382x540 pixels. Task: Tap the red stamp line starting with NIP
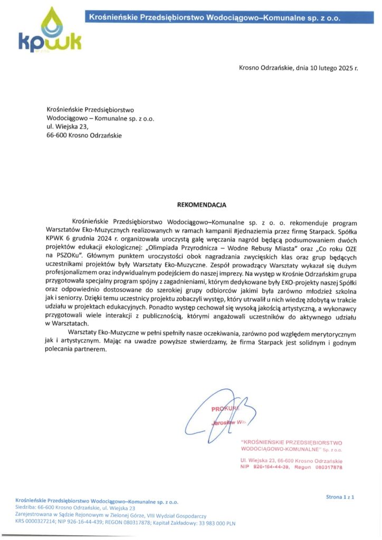tap(291, 467)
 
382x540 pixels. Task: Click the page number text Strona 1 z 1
tap(340, 497)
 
